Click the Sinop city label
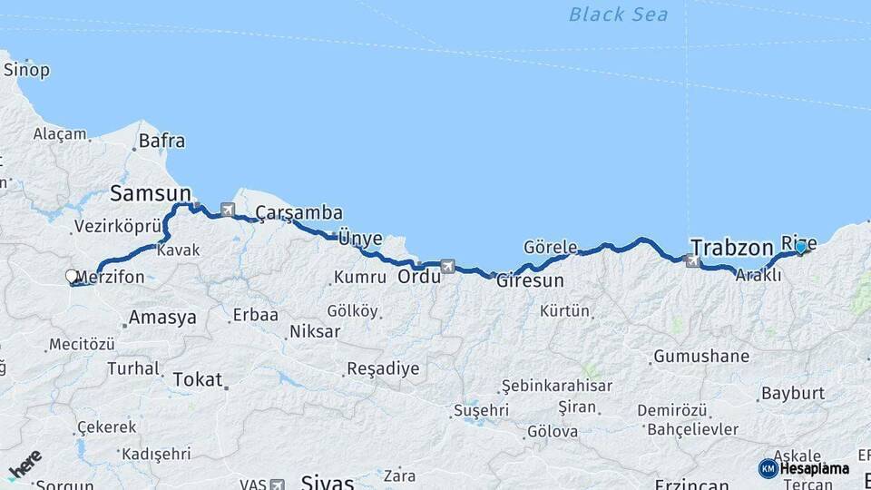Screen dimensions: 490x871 coord(26,70)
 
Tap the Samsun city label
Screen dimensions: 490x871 coord(151,192)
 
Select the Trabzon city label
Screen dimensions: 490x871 coord(731,247)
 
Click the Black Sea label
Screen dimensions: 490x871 coord(618,14)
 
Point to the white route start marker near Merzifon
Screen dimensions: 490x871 coord(72,276)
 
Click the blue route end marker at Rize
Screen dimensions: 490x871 coord(801,247)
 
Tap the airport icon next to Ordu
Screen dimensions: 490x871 coord(446,266)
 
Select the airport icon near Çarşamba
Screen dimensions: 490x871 coord(227,211)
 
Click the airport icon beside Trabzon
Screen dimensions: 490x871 coord(694,261)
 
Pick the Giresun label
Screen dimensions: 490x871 coord(530,280)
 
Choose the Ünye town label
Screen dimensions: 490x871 coord(359,239)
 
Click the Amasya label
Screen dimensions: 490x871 coord(162,318)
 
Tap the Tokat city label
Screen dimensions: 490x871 coord(197,379)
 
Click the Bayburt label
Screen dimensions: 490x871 coord(792,393)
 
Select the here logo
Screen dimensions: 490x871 coord(24,466)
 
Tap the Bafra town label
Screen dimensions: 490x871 coord(162,141)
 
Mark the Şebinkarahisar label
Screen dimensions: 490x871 coord(557,386)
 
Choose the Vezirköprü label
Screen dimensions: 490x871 coord(117,227)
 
